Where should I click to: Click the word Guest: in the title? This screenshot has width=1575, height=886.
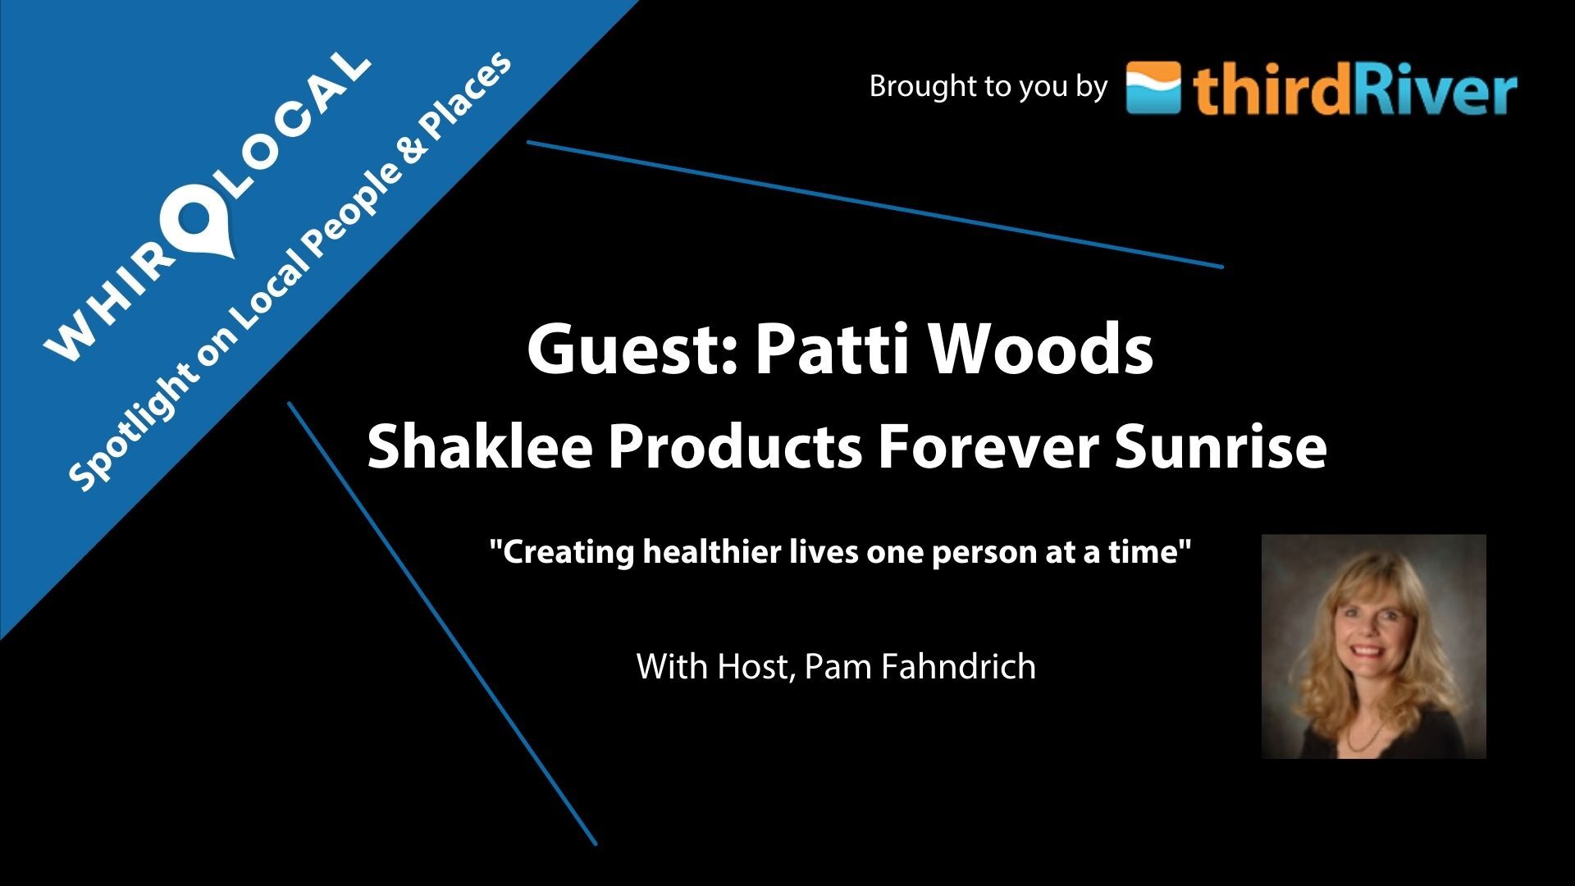(x=632, y=350)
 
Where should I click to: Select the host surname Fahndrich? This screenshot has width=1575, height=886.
(x=959, y=666)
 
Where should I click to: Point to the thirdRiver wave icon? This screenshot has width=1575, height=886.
(x=1153, y=88)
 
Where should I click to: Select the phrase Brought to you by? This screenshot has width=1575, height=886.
(x=988, y=87)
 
